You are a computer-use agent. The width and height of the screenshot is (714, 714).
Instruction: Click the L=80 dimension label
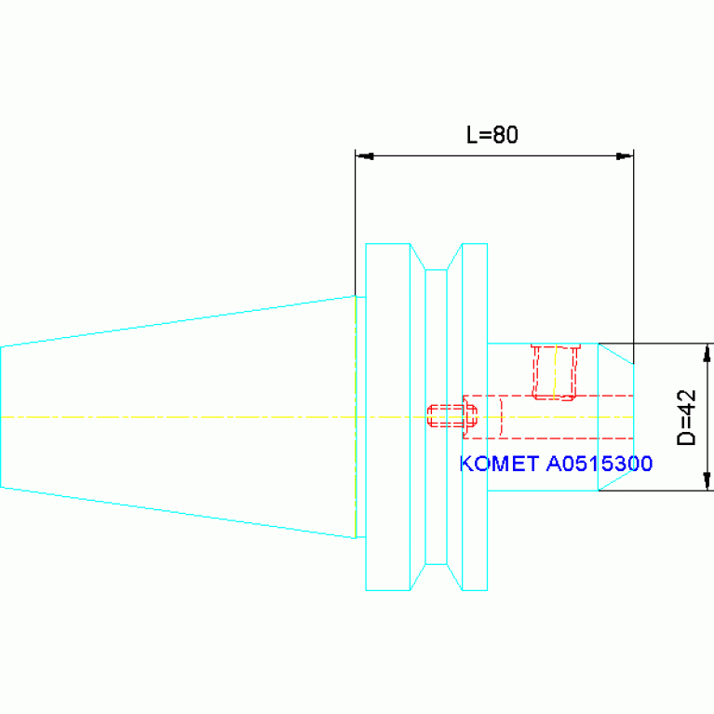point(492,135)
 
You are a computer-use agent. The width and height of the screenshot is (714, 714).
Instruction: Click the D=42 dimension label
point(687,417)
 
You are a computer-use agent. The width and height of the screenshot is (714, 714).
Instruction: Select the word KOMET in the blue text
point(499,464)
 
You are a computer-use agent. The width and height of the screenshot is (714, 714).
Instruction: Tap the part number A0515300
point(599,464)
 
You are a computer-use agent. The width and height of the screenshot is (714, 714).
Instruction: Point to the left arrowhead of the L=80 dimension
point(365,156)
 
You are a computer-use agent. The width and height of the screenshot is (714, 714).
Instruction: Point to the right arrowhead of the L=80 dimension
point(625,156)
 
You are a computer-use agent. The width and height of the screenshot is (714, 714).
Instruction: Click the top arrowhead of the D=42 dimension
point(707,353)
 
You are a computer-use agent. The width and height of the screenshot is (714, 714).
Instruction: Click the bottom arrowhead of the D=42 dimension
point(707,481)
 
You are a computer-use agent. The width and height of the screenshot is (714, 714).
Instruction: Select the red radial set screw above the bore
point(556,372)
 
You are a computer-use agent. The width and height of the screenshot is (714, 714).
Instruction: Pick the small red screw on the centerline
point(452,416)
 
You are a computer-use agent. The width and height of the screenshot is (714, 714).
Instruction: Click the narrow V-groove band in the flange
point(436,417)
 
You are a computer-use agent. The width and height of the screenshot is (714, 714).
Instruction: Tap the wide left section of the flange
point(388,417)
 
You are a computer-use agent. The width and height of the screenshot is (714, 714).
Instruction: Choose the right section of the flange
point(475,417)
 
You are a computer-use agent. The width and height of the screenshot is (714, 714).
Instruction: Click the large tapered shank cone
point(178,417)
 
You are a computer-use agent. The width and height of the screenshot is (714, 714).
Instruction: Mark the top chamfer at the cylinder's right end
point(615,354)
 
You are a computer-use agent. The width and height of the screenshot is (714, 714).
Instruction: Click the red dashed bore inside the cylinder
point(547,417)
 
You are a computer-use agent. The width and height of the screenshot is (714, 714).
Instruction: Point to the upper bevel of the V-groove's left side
point(418,256)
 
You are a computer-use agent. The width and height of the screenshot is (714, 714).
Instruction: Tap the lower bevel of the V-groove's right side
point(454,577)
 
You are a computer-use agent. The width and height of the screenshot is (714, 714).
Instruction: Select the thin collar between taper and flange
point(360,417)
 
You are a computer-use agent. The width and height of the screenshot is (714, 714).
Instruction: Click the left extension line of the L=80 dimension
point(356,222)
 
